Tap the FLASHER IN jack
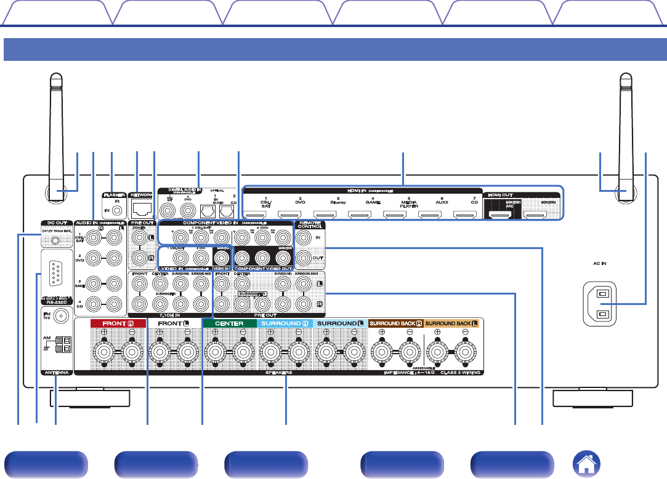116,210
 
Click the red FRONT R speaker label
110,323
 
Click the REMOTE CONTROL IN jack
302,236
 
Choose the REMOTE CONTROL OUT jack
302,258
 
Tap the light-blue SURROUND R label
283,323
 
